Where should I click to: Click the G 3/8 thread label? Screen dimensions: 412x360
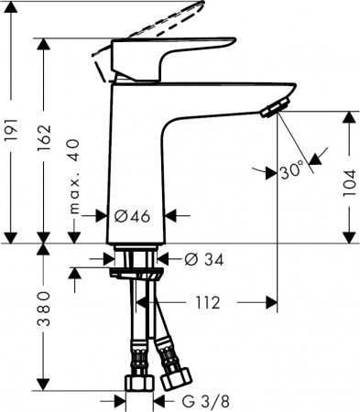point(202,400)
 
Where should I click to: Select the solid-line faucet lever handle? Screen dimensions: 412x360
point(174,55)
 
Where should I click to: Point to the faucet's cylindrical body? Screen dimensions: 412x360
point(137,156)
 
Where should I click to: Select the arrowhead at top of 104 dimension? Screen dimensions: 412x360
point(348,117)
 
